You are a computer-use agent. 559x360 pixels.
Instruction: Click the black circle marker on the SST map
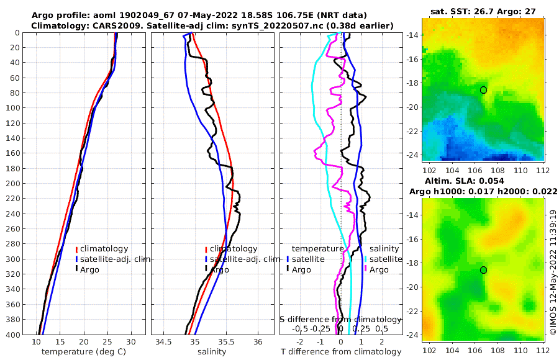point(483,90)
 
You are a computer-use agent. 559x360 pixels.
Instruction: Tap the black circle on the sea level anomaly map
point(483,270)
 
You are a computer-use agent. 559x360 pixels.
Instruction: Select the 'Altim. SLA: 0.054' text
point(482,181)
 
